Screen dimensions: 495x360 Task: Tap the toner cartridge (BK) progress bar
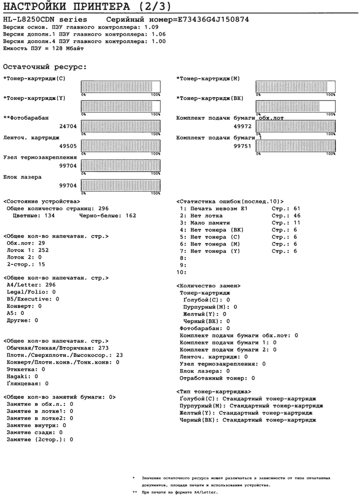(x=295, y=106)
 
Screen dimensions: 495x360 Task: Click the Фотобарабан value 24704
(x=67, y=126)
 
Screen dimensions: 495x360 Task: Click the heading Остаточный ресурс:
(x=45, y=66)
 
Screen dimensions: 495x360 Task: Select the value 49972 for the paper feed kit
(x=243, y=126)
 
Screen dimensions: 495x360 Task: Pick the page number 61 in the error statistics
(x=297, y=208)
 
